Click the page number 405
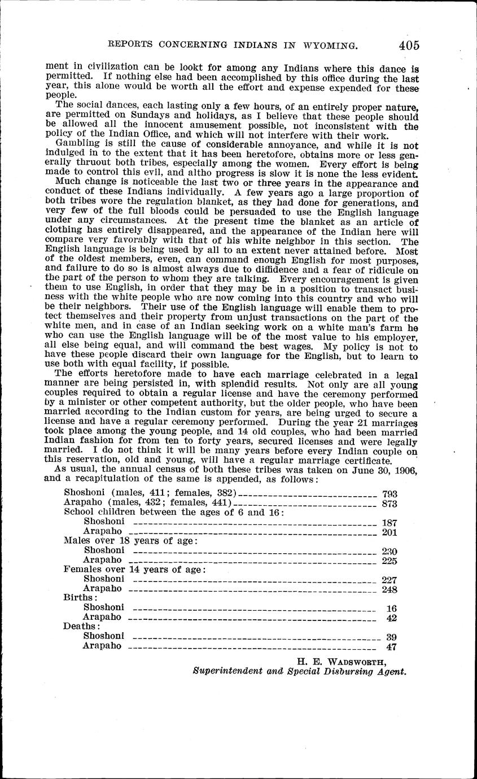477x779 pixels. point(408,45)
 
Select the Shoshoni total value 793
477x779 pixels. point(390,493)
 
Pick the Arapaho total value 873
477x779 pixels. point(390,504)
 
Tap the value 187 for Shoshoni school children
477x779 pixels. point(390,523)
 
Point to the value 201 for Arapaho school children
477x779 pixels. point(390,532)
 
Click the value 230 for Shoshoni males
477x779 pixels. point(390,552)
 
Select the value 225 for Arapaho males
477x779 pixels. point(390,561)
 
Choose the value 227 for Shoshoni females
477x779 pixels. point(390,580)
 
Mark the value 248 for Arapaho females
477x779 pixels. point(390,589)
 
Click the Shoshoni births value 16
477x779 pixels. point(392,609)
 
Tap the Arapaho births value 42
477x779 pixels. point(392,618)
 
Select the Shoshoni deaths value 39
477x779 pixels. point(391,637)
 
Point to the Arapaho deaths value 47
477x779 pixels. point(391,647)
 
